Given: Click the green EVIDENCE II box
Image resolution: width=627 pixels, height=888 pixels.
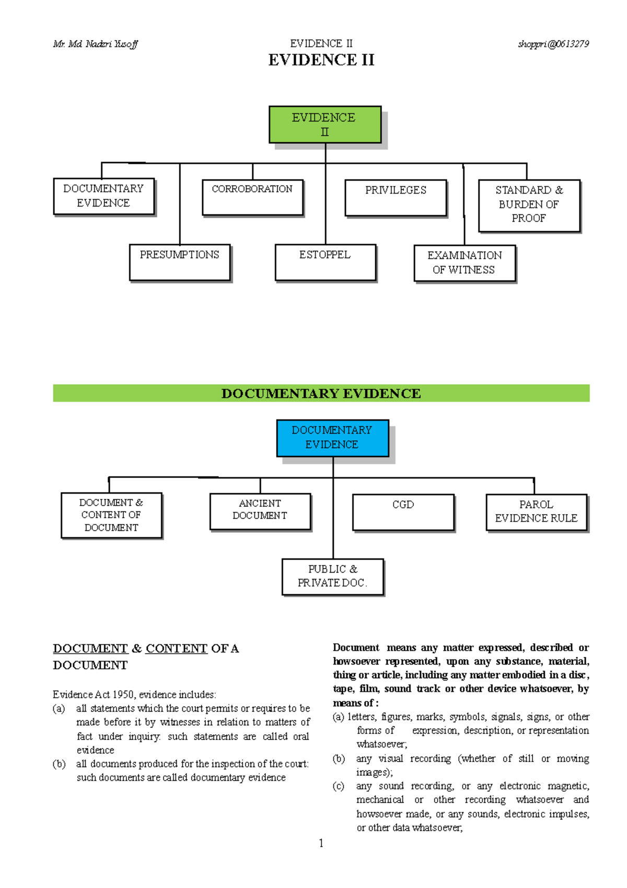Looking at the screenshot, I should [324, 124].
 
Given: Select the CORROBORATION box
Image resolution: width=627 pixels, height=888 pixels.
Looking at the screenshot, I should [252, 197].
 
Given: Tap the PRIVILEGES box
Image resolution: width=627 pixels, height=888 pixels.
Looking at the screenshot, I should [396, 198].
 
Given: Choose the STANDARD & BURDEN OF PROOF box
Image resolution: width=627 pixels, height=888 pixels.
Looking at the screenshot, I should [529, 206].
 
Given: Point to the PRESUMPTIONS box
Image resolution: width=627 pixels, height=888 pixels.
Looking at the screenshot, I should [180, 263].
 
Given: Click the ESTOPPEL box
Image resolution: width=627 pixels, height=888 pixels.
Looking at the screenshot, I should [325, 263].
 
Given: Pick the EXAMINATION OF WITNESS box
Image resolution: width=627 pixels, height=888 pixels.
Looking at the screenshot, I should [465, 263].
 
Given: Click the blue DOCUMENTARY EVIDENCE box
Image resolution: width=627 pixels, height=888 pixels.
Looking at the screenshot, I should [332, 438].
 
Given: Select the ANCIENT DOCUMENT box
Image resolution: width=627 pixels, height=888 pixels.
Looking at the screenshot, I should [260, 511].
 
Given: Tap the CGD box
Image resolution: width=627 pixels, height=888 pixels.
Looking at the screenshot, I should [403, 512].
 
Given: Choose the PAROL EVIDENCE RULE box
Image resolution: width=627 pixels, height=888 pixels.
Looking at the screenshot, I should [536, 512].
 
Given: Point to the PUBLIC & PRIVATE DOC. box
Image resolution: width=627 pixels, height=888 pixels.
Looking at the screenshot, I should [332, 577].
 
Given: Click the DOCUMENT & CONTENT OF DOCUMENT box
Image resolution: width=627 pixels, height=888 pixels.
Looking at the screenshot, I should [111, 515].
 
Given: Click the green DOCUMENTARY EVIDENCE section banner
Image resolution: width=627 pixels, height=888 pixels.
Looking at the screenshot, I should [321, 393].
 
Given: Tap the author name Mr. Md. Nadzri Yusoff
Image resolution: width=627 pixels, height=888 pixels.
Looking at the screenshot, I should [95, 44].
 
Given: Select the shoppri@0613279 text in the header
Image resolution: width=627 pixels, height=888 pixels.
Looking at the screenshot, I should [553, 44].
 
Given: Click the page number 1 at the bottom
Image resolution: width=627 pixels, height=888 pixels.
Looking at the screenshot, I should [321, 843].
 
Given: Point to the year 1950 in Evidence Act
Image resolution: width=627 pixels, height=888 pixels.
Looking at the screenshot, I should [123, 695].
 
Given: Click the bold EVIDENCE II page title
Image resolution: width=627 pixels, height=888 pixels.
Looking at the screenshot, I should [321, 60].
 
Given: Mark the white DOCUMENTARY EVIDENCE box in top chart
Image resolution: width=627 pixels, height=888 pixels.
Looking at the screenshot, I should [103, 196].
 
